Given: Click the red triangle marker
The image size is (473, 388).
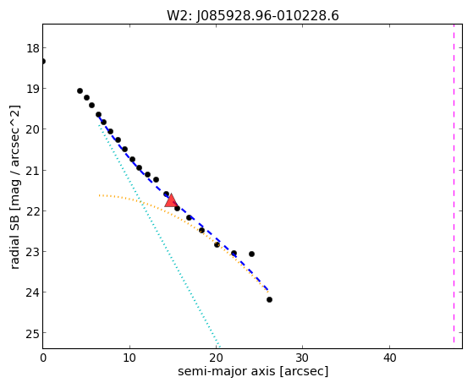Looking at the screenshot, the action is click(x=171, y=201).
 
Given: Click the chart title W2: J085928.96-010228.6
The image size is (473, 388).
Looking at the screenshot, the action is click(x=253, y=16).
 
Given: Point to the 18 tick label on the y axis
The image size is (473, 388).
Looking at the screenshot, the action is click(x=32, y=48).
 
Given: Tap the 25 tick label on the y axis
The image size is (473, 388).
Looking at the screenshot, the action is click(x=32, y=333).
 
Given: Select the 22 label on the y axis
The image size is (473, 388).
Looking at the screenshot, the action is click(x=32, y=211).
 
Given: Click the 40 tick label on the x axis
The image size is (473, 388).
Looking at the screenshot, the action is click(x=389, y=358).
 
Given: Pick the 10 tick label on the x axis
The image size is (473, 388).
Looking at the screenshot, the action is click(x=129, y=358).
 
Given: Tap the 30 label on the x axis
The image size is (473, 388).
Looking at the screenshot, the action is click(x=303, y=358).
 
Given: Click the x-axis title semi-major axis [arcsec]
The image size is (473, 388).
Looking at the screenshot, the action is click(x=253, y=371).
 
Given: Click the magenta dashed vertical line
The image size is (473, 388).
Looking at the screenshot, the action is click(x=454, y=183).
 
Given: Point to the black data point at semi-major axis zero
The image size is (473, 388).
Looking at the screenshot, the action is click(x=43, y=61).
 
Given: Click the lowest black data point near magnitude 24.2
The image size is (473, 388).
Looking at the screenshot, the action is click(x=269, y=300).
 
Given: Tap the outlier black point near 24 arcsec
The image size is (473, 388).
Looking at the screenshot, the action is click(x=251, y=254).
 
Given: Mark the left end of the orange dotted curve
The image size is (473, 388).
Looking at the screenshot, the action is click(x=99, y=195).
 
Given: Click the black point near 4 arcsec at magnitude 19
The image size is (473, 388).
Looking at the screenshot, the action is click(x=80, y=90).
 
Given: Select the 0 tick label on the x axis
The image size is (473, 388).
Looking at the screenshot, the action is click(x=43, y=358).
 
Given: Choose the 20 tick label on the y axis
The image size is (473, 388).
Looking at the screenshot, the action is click(x=32, y=129).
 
